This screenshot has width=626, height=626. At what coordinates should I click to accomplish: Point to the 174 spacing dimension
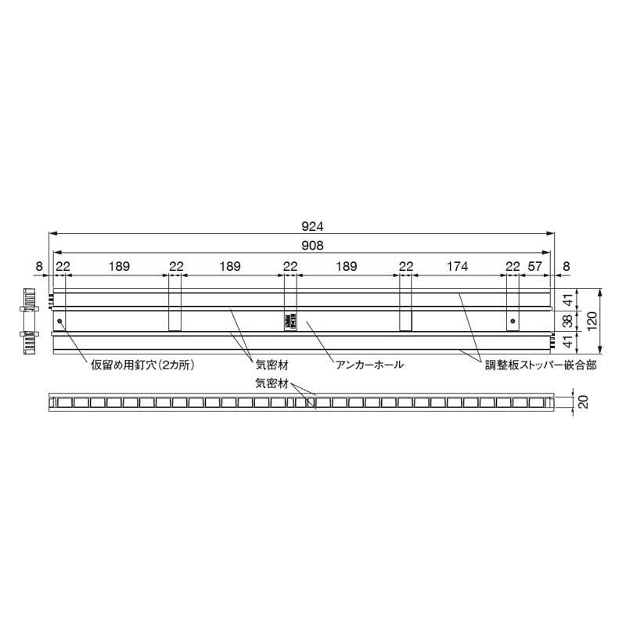click(458, 267)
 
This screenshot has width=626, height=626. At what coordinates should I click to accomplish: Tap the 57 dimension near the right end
click(535, 267)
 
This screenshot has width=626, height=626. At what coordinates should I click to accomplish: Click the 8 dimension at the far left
click(39, 267)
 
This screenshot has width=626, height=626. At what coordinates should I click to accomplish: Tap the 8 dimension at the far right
click(566, 267)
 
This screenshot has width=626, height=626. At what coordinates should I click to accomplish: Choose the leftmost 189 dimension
click(120, 267)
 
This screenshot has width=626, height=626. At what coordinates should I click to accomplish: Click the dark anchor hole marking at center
click(289, 321)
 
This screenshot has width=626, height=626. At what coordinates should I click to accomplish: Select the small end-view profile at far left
click(30, 322)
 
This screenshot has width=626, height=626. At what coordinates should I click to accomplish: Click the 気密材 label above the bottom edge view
click(272, 383)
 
